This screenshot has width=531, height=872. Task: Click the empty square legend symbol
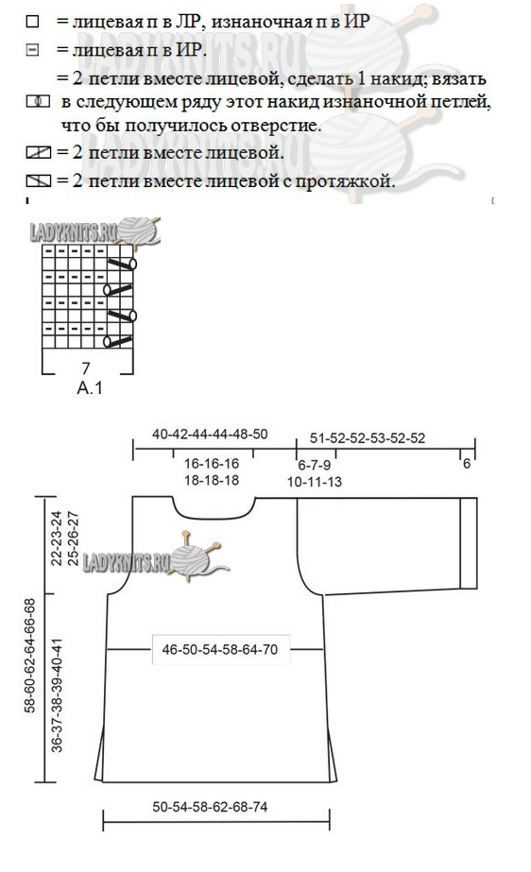(33, 22)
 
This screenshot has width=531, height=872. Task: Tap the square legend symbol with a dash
(33, 50)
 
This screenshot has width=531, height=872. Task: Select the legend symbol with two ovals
(39, 102)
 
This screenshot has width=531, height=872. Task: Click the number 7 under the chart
(85, 368)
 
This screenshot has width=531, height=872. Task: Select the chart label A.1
(90, 387)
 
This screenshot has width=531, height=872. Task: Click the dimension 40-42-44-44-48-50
(210, 434)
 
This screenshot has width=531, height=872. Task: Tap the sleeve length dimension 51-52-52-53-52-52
(368, 438)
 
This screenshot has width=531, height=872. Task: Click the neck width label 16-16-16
(212, 463)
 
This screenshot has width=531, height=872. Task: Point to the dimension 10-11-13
(314, 482)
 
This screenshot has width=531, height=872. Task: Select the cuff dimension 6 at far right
(467, 463)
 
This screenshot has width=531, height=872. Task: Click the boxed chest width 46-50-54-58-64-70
(220, 649)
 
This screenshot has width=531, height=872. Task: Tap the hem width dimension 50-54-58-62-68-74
(210, 807)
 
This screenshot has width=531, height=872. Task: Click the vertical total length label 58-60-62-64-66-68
(29, 655)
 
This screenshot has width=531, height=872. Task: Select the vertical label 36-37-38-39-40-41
(58, 694)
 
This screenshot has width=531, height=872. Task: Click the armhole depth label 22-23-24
(57, 539)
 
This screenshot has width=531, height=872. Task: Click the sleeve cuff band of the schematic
(469, 543)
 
